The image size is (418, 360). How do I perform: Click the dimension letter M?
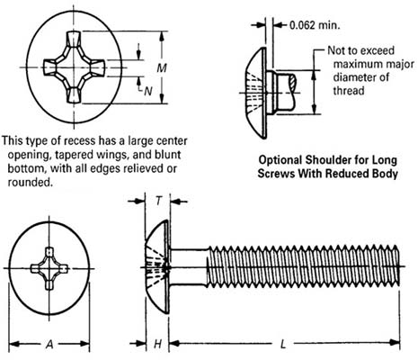[160, 68]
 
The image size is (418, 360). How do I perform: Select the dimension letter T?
[157, 202]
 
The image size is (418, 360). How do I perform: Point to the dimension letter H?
[157, 343]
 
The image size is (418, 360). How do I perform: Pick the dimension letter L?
[284, 343]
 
